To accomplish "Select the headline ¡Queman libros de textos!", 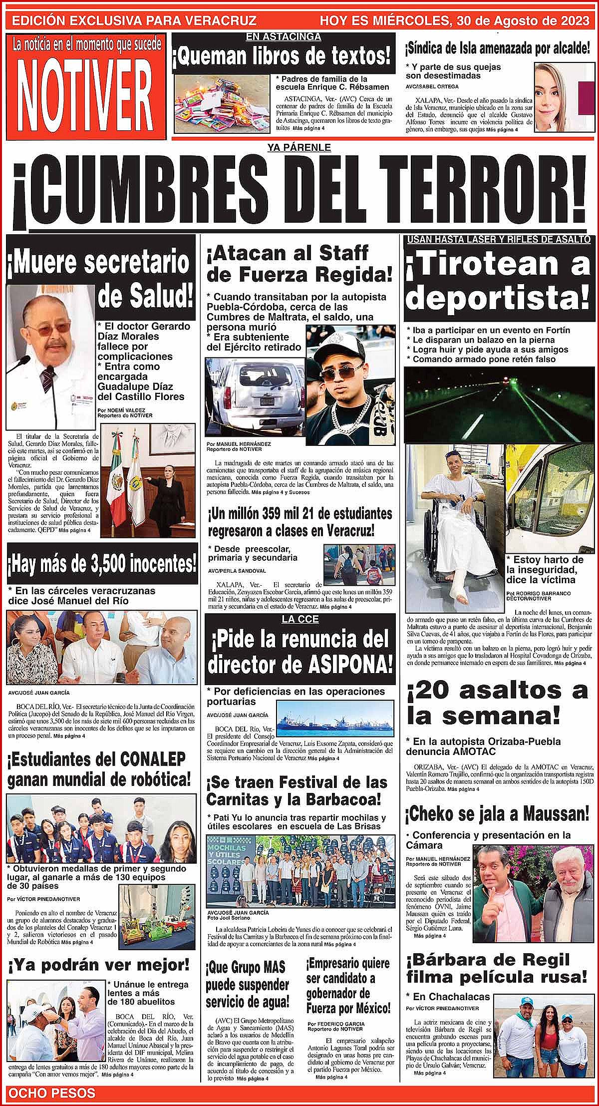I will click(x=283, y=56).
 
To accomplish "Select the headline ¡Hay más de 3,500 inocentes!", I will click(x=101, y=565).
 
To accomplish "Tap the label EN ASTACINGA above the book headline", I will click(x=284, y=37).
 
